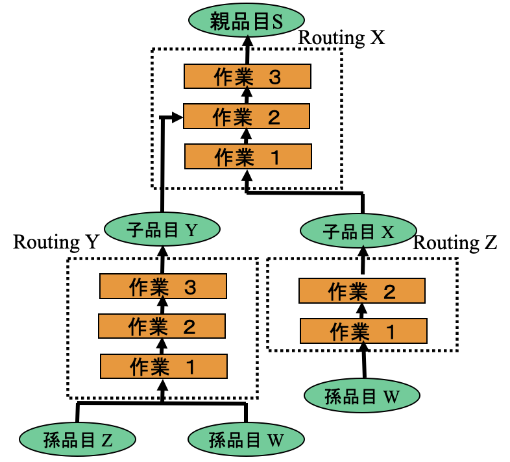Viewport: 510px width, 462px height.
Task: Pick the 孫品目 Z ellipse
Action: pyautogui.click(x=78, y=439)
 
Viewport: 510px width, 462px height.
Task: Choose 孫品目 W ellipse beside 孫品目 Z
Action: pyautogui.click(x=247, y=439)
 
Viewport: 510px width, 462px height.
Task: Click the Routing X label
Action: pyautogui.click(x=341, y=38)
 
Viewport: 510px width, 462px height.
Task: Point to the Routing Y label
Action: pyautogui.click(x=55, y=243)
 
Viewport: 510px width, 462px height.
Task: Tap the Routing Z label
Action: pyautogui.click(x=455, y=243)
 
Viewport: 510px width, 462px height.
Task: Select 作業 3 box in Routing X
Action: pyautogui.click(x=247, y=77)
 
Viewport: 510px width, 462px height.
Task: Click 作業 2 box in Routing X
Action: pyautogui.click(x=247, y=117)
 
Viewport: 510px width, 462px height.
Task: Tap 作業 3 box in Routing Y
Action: pyautogui.click(x=163, y=286)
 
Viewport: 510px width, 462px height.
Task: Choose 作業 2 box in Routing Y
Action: pyautogui.click(x=162, y=325)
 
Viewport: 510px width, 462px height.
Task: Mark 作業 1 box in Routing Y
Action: pyautogui.click(x=163, y=366)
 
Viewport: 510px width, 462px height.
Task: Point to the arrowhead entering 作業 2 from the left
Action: pyautogui.click(x=178, y=117)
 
